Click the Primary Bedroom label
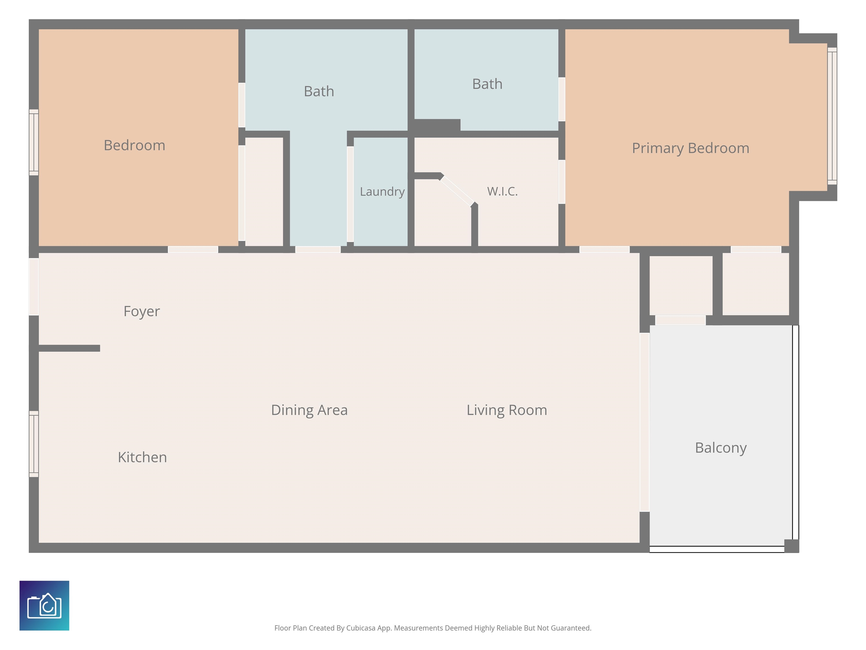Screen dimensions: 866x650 pos(691,148)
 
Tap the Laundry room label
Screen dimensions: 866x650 pos(382,192)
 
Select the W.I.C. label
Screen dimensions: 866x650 pos(502,191)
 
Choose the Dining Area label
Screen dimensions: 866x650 pos(309,410)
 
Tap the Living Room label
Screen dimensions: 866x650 pos(507,410)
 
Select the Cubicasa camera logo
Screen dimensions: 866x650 pos(44,605)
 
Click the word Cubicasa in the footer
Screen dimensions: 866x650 pos(361,628)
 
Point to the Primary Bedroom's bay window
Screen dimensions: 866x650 pos(832,116)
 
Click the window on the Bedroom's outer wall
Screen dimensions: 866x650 pos(34,142)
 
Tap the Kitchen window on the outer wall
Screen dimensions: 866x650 pos(34,444)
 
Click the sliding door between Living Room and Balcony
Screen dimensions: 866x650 pos(644,422)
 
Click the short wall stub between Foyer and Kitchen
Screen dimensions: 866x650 pos(69,348)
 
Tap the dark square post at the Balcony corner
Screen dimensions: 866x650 pos(792,546)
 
